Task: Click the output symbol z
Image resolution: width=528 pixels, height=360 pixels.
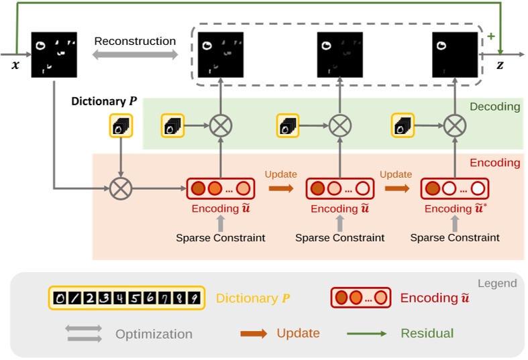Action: [499, 65]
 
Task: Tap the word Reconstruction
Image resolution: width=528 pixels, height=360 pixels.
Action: [135, 41]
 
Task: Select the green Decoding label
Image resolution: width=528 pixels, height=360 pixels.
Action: [494, 107]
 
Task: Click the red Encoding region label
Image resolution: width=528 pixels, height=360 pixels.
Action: [494, 162]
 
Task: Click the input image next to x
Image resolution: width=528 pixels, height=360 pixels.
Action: [54, 54]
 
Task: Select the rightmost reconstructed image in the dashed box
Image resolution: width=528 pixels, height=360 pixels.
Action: [455, 54]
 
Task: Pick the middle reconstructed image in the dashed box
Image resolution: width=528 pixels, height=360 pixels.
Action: [340, 54]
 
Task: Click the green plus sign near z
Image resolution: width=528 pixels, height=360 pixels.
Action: [491, 36]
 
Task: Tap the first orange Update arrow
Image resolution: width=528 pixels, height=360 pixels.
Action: [281, 189]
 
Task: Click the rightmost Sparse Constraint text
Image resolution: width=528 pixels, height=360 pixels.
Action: [455, 237]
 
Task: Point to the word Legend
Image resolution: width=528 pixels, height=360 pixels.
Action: [497, 284]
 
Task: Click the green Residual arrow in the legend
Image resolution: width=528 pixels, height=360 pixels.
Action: [367, 333]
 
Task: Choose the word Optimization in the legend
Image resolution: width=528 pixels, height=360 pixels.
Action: [154, 334]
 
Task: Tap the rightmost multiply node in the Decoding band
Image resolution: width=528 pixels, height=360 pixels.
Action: [455, 125]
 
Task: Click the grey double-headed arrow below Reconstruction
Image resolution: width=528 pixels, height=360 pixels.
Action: [135, 56]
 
